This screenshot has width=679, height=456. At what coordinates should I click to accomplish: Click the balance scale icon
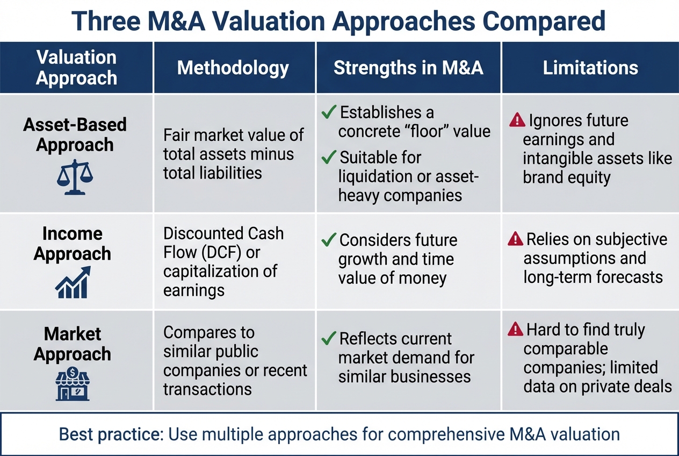click(75, 177)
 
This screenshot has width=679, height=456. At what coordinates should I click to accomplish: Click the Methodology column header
click(233, 68)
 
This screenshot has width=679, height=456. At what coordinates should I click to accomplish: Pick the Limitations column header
click(590, 68)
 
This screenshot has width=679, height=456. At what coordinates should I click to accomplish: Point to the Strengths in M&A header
click(408, 68)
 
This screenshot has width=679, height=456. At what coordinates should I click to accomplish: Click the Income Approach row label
click(73, 244)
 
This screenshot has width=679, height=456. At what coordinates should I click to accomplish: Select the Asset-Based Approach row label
click(75, 134)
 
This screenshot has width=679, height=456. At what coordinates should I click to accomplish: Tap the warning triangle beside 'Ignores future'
click(517, 120)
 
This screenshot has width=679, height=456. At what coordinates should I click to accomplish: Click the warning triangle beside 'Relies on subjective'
click(515, 239)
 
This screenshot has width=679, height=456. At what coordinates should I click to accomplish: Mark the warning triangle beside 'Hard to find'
click(516, 329)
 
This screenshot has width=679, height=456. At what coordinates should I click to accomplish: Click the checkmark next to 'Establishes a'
click(329, 112)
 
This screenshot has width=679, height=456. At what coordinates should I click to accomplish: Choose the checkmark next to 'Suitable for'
click(329, 158)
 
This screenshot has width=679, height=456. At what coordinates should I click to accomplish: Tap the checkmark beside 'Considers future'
click(329, 240)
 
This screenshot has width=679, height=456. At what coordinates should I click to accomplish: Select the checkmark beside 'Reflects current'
click(329, 339)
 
